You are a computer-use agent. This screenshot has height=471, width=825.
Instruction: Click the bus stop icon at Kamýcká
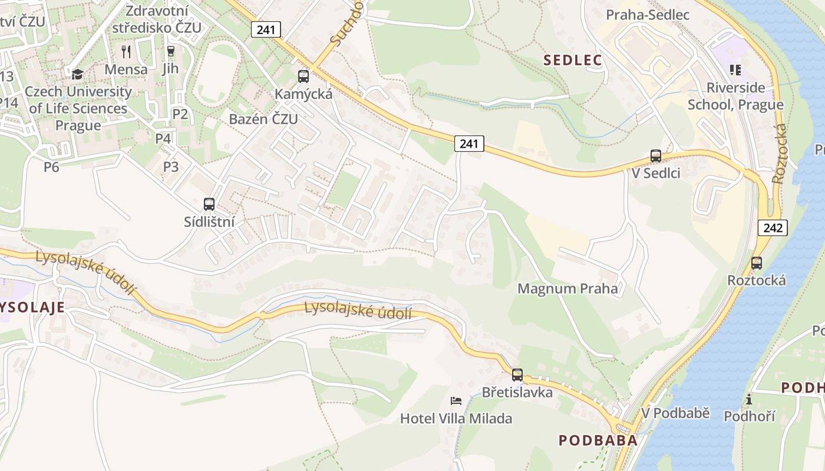(x=303, y=76)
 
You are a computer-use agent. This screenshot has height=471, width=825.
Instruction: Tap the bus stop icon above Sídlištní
(x=209, y=204)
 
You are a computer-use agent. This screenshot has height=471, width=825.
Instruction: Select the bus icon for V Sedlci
(x=656, y=156)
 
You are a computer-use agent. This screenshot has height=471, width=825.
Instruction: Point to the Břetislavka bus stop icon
(x=517, y=374)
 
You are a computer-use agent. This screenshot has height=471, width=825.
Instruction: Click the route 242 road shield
(x=773, y=228)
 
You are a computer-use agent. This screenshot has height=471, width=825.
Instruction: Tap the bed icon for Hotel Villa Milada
(x=456, y=401)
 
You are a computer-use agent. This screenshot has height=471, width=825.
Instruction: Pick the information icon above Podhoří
(x=749, y=400)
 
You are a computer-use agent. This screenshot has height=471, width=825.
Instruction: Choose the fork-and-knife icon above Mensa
(x=126, y=52)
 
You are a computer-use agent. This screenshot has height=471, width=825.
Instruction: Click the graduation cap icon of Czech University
(x=77, y=75)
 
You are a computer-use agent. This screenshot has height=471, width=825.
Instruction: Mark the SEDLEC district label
(x=573, y=60)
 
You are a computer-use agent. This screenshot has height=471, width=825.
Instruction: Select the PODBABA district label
(x=598, y=440)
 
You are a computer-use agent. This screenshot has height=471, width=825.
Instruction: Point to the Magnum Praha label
(x=567, y=288)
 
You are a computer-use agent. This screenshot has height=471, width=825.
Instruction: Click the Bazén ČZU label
(x=263, y=119)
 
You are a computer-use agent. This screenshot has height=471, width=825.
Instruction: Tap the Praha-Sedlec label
(x=648, y=15)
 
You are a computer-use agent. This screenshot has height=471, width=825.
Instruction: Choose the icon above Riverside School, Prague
(x=735, y=71)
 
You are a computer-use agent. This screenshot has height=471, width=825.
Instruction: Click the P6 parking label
(x=51, y=167)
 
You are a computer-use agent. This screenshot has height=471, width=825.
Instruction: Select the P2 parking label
(x=180, y=114)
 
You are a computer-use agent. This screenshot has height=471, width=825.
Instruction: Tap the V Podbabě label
(x=675, y=413)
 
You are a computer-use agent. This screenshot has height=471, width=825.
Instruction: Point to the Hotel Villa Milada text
(x=456, y=419)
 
